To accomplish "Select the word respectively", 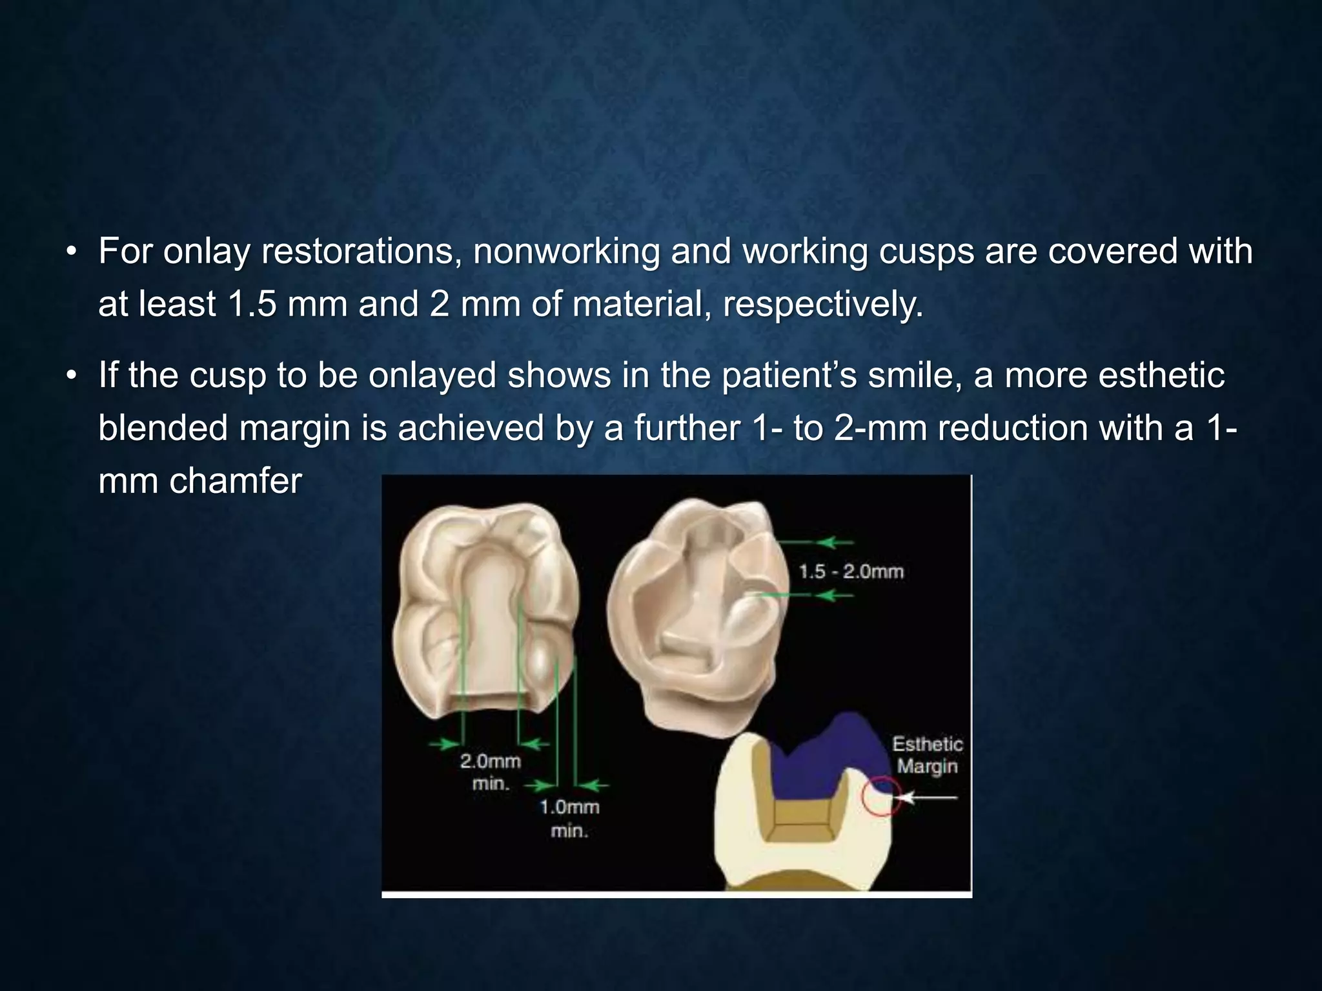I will point(823,304).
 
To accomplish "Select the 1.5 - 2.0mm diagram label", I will point(851,572).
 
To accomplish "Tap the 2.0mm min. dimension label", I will point(490,772).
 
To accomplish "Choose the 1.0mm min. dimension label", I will point(569,818).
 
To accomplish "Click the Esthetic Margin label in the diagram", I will point(927,756).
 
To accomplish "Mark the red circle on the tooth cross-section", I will point(880,797).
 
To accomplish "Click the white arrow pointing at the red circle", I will point(930,798).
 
